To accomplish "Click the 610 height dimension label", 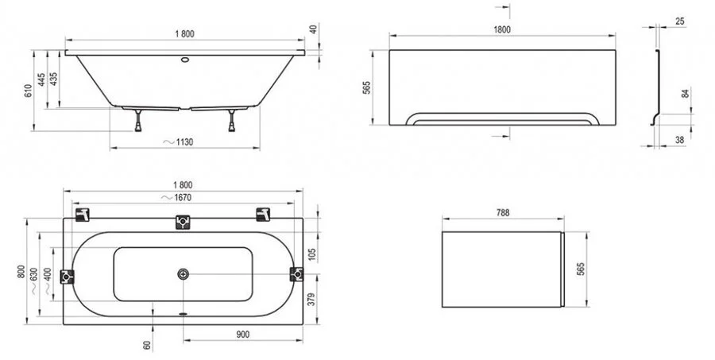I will pyautogui.click(x=29, y=92).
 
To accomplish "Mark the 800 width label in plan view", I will pyautogui.click(x=29, y=273).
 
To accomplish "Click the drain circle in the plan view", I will pyautogui.click(x=184, y=275).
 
